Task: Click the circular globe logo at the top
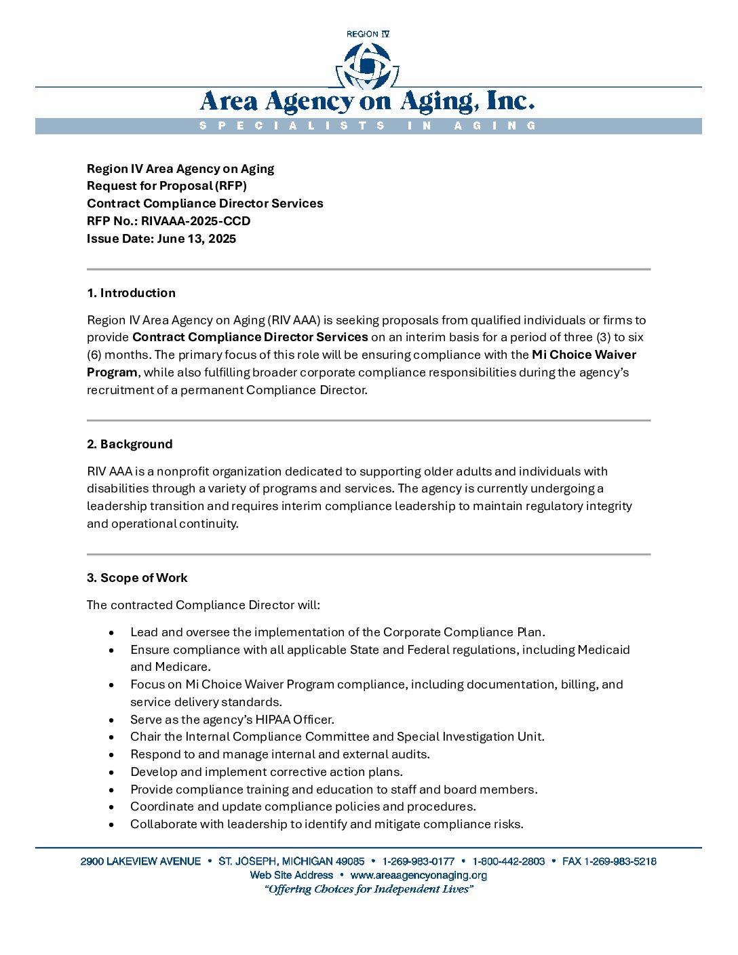pyautogui.click(x=368, y=66)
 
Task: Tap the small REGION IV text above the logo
pyautogui.click(x=368, y=34)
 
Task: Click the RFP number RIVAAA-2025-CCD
pyautogui.click(x=195, y=221)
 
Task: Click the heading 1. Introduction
pyautogui.click(x=131, y=293)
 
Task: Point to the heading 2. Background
pyautogui.click(x=130, y=444)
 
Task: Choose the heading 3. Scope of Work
pyautogui.click(x=137, y=578)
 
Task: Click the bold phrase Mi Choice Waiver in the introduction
pyautogui.click(x=584, y=355)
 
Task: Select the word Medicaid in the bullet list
pyautogui.click(x=604, y=650)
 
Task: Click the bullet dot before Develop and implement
pyautogui.click(x=111, y=773)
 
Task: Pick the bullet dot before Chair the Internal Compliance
pyautogui.click(x=111, y=737)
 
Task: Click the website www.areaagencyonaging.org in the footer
pyautogui.click(x=419, y=875)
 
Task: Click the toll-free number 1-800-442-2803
pyautogui.click(x=509, y=861)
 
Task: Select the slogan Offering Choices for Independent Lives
pyautogui.click(x=368, y=889)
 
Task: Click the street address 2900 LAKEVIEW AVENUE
pyautogui.click(x=140, y=861)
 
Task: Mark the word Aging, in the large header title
pyautogui.click(x=438, y=102)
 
